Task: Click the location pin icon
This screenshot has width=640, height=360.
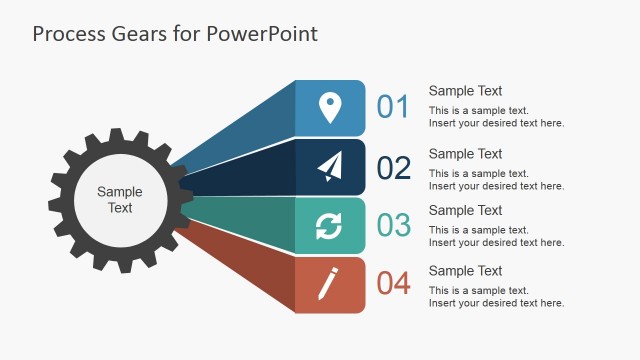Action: click(329, 108)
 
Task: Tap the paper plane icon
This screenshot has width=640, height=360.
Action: click(329, 166)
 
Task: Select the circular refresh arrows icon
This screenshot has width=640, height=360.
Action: click(329, 226)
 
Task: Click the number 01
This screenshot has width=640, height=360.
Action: click(393, 107)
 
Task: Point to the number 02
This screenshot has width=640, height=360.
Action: click(393, 167)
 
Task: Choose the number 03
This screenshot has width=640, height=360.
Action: click(393, 225)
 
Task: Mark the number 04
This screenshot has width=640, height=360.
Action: click(393, 284)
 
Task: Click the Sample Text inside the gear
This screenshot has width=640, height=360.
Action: click(120, 200)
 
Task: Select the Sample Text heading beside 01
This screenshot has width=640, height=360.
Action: click(465, 91)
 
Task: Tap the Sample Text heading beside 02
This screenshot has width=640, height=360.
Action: click(465, 154)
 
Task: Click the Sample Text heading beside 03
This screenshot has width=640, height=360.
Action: click(465, 210)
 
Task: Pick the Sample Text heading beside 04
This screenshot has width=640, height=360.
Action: click(465, 271)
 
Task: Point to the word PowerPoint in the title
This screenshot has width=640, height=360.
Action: click(263, 34)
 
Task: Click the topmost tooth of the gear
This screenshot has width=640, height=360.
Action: click(120, 133)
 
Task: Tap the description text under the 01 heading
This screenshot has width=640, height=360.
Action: click(496, 117)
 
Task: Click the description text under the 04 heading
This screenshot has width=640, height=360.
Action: click(496, 297)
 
